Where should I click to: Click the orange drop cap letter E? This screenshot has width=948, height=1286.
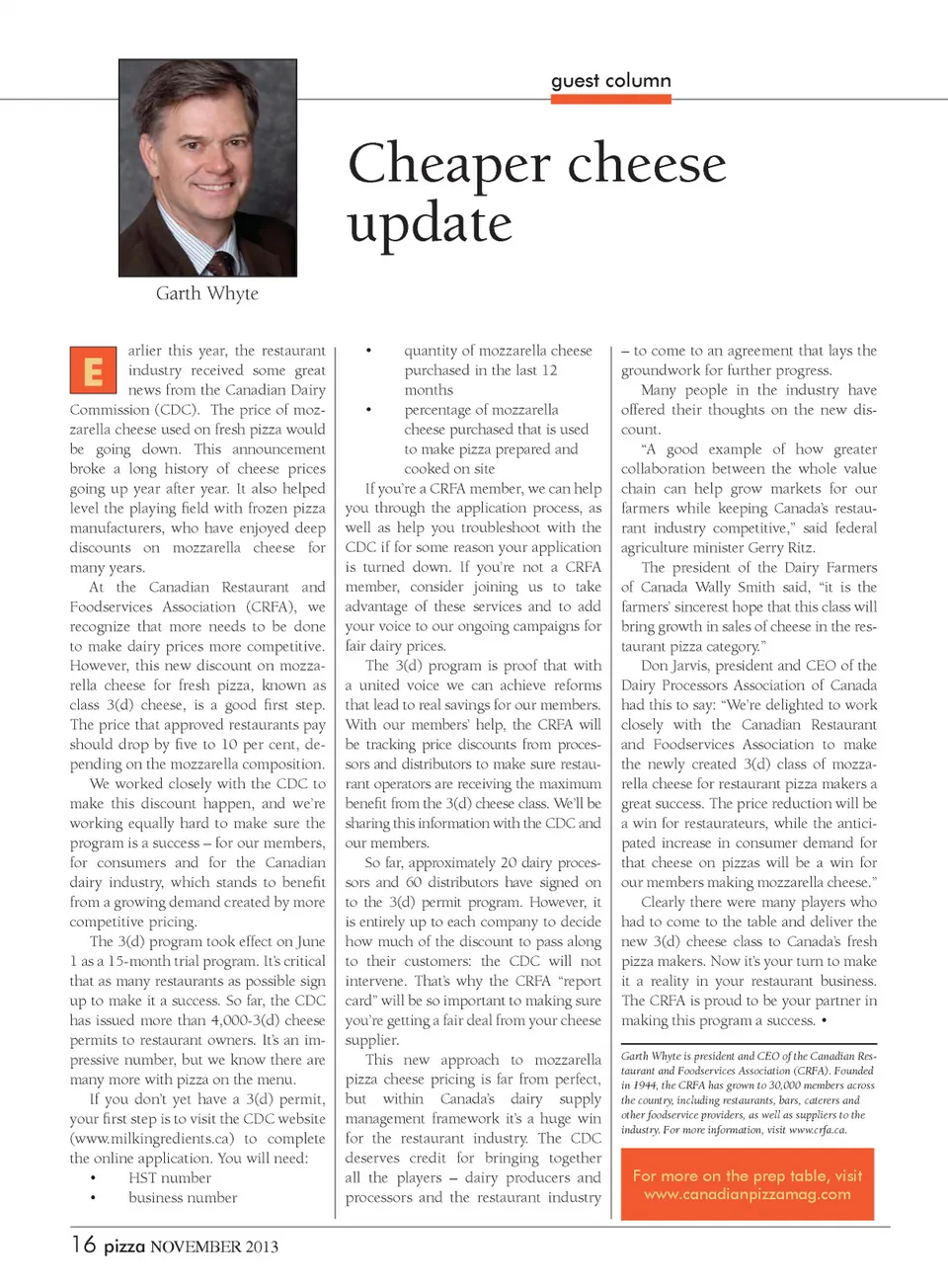[x=93, y=370]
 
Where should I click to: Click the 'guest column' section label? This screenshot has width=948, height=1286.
[x=610, y=81]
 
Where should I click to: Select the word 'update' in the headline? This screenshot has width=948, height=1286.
[x=430, y=223]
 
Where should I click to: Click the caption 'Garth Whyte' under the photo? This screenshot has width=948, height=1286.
[x=207, y=293]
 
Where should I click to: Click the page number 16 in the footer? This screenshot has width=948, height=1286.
[x=83, y=1245]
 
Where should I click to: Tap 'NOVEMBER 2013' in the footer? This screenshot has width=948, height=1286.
[x=214, y=1246]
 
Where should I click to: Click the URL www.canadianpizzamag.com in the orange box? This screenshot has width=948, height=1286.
[x=748, y=1194]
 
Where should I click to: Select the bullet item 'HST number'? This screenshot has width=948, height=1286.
[x=170, y=1178]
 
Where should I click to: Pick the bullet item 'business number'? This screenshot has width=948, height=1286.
[x=183, y=1198]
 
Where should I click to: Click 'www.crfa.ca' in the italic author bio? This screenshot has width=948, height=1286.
[x=817, y=1130]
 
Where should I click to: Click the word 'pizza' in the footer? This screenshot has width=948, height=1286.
[x=124, y=1246]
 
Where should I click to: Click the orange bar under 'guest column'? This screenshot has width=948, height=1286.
[x=611, y=99]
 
